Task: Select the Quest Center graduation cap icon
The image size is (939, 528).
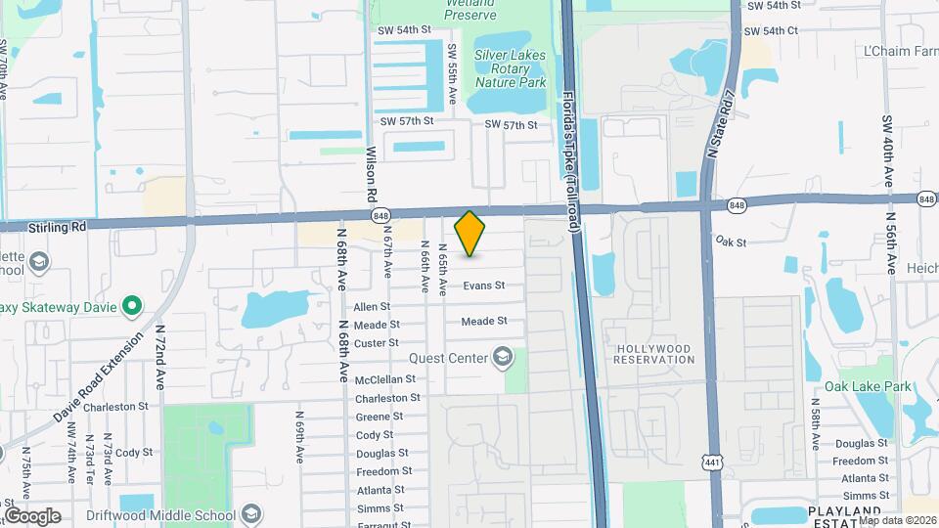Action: [x=504, y=357]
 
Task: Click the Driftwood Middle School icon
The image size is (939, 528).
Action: [x=252, y=515]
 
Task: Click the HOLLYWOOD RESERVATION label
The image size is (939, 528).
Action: [x=652, y=354]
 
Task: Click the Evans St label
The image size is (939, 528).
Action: [x=483, y=286]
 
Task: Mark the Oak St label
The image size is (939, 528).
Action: [x=731, y=241]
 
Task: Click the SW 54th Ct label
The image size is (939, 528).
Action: [x=774, y=30]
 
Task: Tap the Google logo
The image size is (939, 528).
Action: [x=32, y=515]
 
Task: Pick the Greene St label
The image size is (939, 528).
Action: [x=379, y=417]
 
